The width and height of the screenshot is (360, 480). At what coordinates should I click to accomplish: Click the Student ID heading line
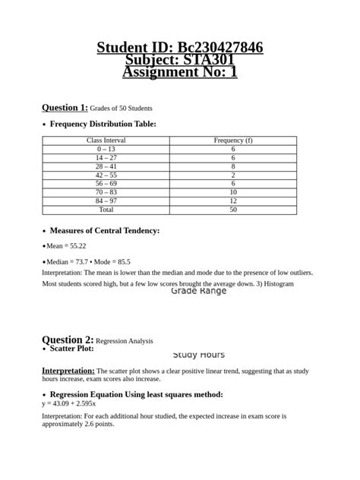(x=180, y=48)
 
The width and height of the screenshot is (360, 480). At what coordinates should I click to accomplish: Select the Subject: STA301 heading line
(x=180, y=60)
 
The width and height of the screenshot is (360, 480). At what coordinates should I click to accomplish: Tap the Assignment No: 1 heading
(x=180, y=72)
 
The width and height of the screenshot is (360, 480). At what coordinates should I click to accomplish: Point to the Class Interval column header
(x=106, y=141)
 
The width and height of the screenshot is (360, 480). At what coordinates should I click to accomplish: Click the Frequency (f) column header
(x=233, y=141)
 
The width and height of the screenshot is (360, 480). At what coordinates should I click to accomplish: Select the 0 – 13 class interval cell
(x=106, y=150)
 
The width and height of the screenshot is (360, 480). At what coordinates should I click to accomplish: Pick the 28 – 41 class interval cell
(x=106, y=166)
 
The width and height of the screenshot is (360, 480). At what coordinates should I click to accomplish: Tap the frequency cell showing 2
(x=233, y=175)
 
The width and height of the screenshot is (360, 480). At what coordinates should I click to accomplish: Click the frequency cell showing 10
(x=233, y=192)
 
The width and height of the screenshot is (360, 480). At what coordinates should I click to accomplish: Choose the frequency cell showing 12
(x=233, y=201)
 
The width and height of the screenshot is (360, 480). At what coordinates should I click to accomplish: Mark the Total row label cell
(x=106, y=209)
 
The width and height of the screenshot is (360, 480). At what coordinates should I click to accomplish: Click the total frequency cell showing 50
(x=233, y=209)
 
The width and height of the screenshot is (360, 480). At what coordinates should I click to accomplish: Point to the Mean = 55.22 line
(x=66, y=246)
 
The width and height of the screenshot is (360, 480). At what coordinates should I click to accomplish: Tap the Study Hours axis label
(x=198, y=355)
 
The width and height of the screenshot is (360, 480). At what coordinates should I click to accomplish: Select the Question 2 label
(x=68, y=339)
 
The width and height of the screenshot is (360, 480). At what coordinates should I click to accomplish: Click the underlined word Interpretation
(x=68, y=370)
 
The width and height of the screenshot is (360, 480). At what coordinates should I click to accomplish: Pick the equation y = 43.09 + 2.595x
(x=74, y=404)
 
